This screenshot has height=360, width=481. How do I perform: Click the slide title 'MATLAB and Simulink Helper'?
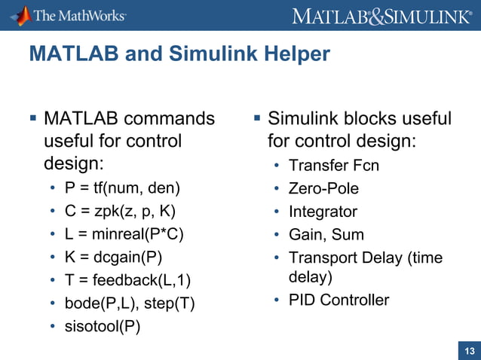click(179, 54)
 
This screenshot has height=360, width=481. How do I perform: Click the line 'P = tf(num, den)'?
click(120, 188)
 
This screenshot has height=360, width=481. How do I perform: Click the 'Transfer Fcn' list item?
click(334, 166)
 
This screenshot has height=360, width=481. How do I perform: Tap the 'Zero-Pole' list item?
click(323, 188)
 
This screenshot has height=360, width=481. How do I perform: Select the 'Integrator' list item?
click(323, 212)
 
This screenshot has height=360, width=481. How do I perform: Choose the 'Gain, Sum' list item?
click(326, 235)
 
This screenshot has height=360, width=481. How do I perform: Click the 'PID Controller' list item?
click(339, 301)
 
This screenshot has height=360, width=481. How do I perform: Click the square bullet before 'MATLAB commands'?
click(32, 118)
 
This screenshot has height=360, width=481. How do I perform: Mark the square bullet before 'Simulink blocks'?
click(256, 118)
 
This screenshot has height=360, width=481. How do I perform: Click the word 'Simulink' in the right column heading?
click(303, 119)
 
